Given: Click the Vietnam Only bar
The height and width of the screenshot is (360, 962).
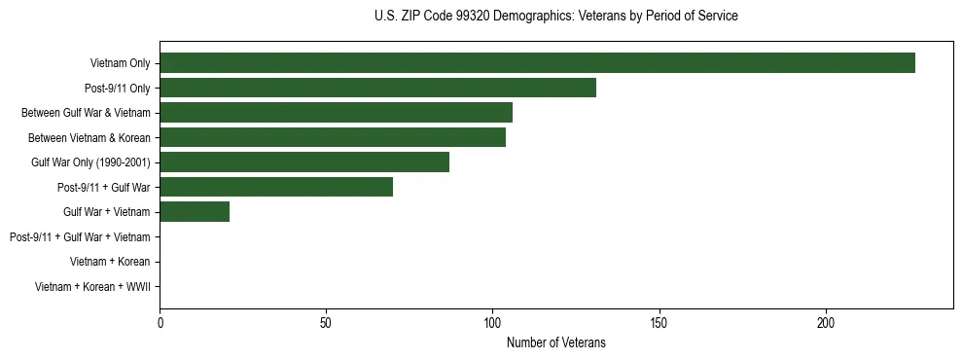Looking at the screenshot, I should (537, 63).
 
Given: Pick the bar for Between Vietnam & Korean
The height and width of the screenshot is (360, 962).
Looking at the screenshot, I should (333, 137).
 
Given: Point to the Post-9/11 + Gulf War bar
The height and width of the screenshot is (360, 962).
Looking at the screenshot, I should (276, 187).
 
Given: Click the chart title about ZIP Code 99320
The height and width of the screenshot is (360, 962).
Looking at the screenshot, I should (555, 17).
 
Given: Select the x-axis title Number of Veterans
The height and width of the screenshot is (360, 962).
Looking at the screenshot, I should (555, 342).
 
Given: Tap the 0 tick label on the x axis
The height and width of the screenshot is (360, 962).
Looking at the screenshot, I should (160, 322).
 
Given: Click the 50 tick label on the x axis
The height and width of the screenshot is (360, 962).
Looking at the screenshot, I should (326, 322).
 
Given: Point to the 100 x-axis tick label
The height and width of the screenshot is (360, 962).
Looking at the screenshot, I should (493, 322).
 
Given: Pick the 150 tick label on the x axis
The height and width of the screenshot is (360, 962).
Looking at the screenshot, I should (659, 322).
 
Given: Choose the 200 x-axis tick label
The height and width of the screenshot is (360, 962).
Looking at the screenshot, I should (826, 322).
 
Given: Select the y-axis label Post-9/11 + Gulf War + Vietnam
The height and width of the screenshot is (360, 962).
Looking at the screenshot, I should (80, 236).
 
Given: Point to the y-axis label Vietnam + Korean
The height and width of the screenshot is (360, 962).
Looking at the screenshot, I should (110, 261).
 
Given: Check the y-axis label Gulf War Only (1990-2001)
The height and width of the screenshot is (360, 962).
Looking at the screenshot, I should (90, 162).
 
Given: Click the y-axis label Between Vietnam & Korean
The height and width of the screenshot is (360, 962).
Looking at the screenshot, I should (89, 137).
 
